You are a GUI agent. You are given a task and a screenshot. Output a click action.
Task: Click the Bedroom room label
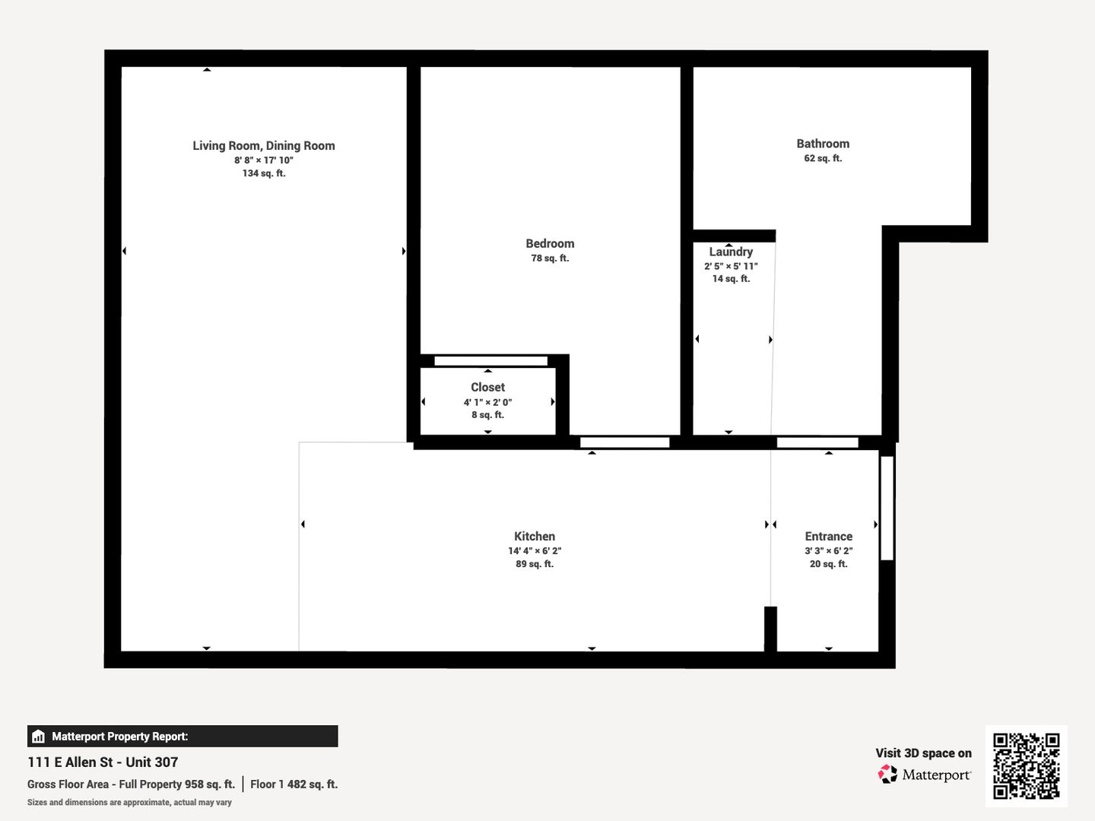click(x=550, y=243)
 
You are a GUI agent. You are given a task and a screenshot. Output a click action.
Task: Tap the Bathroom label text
click(x=823, y=144)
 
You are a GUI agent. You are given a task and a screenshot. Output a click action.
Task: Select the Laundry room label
click(x=731, y=252)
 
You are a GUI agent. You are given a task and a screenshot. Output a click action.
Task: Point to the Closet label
click(x=488, y=387)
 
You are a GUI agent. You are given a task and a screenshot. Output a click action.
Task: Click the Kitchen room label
click(x=535, y=536)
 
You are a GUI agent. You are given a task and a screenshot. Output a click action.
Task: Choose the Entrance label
click(x=829, y=537)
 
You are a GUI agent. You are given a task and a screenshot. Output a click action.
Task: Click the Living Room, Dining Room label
click(x=263, y=145)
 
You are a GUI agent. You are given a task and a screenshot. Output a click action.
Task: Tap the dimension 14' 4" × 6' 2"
click(x=535, y=551)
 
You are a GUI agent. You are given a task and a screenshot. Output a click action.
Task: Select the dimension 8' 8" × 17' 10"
click(x=264, y=160)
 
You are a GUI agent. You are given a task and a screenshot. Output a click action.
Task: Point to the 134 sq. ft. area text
click(x=264, y=173)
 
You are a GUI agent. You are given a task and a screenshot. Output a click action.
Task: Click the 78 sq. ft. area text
click(x=550, y=258)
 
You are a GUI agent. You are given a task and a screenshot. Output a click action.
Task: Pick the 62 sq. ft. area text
click(x=823, y=158)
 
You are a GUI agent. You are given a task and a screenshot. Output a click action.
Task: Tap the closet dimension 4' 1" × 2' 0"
click(x=488, y=402)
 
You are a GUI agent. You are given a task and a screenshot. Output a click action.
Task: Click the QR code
click(x=1026, y=766)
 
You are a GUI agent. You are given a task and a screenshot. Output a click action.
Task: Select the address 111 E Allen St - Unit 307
click(x=103, y=762)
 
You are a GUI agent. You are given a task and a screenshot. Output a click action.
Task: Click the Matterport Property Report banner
click(x=182, y=737)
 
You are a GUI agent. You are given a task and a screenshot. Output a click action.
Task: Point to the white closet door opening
click(x=491, y=361)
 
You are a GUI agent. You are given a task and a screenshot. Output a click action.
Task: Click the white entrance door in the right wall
click(x=887, y=508)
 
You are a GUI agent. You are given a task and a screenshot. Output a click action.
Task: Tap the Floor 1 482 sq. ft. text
click(x=294, y=784)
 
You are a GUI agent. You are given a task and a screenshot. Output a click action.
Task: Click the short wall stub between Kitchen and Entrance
click(x=771, y=629)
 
